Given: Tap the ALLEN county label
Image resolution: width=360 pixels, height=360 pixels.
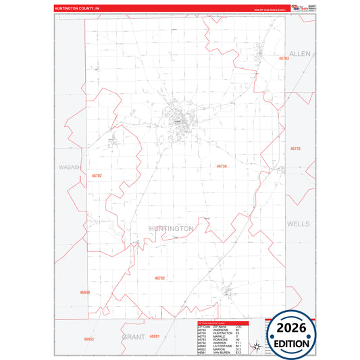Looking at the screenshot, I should [x=299, y=53].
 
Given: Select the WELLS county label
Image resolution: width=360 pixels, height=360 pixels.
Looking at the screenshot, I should [x=298, y=224].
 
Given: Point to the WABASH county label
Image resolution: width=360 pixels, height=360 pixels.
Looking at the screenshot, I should [x=70, y=167].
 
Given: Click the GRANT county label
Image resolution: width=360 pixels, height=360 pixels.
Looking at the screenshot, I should [x=134, y=335].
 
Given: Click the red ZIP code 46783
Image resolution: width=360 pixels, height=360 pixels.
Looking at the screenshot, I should [x=284, y=59].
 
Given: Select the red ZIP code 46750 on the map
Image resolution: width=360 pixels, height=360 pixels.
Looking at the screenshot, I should [x=222, y=165].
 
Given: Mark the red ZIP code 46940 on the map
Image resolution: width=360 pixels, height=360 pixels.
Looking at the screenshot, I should [x=84, y=292].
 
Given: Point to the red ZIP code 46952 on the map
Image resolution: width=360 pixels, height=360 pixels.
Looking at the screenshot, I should [x=89, y=338].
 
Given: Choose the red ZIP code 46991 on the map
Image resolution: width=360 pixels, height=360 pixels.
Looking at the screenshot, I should [x=155, y=336].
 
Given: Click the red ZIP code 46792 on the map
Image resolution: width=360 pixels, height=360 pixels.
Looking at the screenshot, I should [x=159, y=278].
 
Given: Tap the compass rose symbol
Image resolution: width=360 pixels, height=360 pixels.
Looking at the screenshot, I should [x=257, y=348].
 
